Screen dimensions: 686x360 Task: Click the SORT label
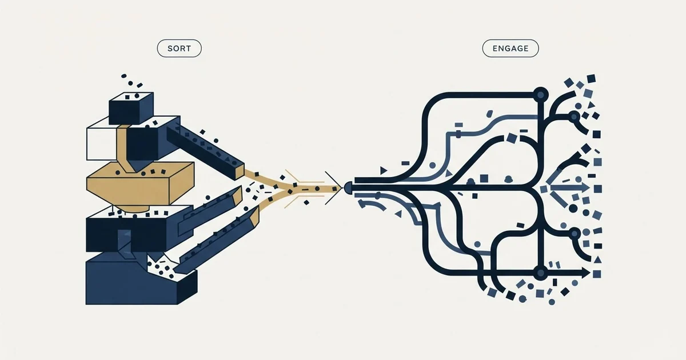(179, 49)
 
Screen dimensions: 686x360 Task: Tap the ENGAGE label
(510, 49)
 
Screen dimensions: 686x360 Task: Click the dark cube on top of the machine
(131, 108)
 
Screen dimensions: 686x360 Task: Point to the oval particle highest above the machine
(123, 76)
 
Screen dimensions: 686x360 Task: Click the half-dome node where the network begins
(348, 187)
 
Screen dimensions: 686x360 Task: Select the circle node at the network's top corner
(541, 94)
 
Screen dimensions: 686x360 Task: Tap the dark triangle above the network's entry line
(383, 170)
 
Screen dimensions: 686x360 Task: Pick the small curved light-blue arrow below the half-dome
(371, 204)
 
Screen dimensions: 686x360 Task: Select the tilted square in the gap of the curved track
(512, 138)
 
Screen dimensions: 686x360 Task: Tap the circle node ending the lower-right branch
(575, 234)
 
